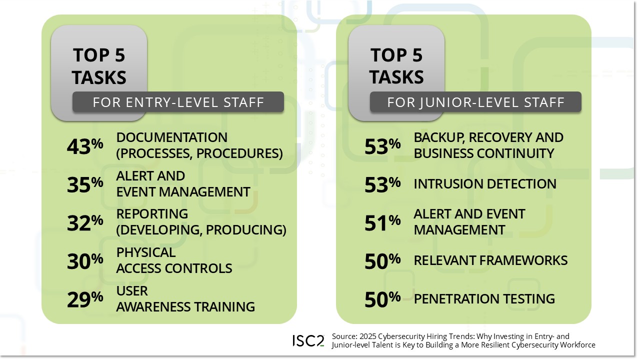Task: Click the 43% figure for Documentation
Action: coord(85,146)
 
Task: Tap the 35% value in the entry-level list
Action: coord(85,184)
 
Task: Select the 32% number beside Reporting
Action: coord(85,223)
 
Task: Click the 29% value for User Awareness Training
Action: coord(85,299)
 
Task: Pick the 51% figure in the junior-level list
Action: coord(382,223)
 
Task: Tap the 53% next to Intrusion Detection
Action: coord(382,184)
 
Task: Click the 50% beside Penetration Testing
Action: coord(382,299)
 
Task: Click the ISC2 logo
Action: coord(308,341)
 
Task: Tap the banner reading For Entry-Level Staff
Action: coord(178,102)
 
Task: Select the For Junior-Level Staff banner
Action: coord(475,102)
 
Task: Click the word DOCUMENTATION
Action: coord(171,137)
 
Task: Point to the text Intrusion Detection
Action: coord(484,184)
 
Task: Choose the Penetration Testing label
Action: coord(484,299)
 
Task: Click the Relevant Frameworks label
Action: coord(490,260)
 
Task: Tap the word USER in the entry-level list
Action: coord(132,291)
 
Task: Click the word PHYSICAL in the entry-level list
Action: coord(146,252)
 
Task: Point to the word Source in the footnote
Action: coord(342,336)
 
